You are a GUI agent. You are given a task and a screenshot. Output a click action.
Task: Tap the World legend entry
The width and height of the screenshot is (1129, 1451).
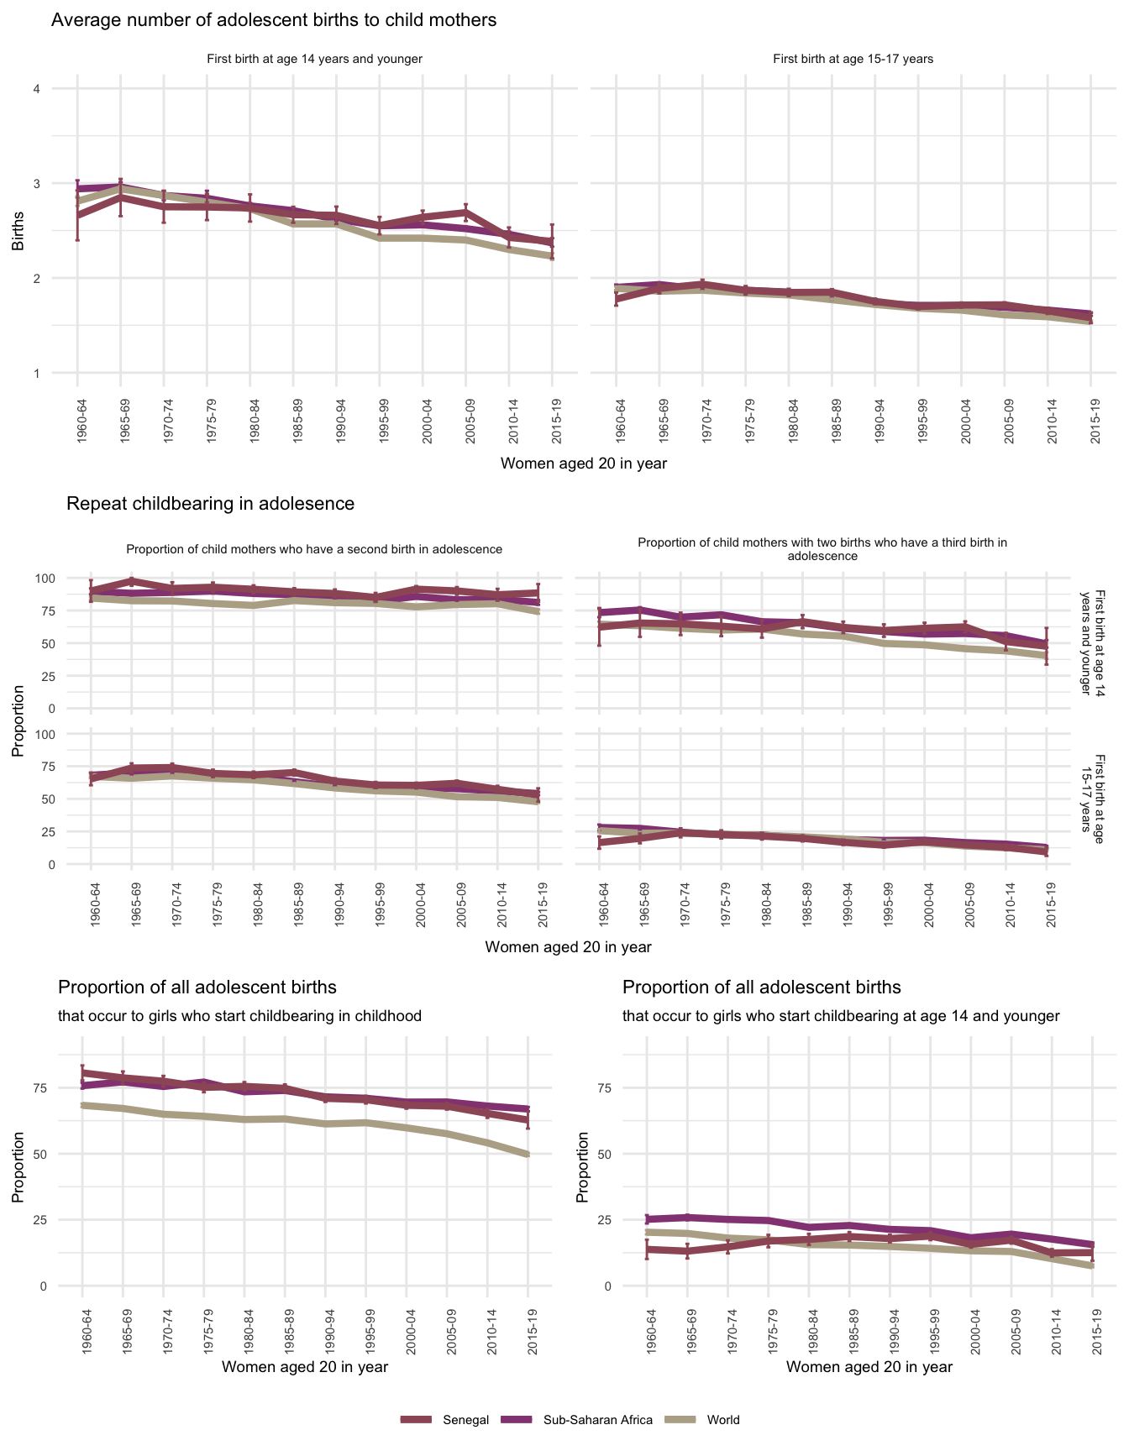point(722,1420)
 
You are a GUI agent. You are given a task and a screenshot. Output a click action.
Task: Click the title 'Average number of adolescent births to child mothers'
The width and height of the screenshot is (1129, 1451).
point(274,20)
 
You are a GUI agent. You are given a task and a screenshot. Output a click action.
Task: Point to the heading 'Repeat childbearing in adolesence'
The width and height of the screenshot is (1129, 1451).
point(210,504)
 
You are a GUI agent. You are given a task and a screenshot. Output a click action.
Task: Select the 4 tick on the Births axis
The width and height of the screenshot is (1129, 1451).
point(36,89)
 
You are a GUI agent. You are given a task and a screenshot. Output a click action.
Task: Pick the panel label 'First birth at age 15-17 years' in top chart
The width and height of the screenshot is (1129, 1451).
point(853,60)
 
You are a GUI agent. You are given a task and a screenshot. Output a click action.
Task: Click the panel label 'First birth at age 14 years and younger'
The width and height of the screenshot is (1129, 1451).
point(314,60)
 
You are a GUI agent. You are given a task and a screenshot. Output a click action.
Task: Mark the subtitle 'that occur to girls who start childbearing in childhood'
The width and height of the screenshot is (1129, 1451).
point(239,1016)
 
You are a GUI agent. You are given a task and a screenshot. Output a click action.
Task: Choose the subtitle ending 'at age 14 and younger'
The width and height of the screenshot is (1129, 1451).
point(841,1016)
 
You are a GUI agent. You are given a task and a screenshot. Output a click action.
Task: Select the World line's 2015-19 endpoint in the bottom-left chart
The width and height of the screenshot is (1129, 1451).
point(528,1155)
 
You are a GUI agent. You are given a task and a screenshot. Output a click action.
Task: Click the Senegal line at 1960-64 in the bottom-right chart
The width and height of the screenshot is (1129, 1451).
point(647,1249)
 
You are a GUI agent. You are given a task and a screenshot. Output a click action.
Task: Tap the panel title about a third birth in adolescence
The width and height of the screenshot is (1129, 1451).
point(822,549)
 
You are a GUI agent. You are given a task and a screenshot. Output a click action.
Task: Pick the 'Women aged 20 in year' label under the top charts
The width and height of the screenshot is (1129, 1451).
point(583,464)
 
